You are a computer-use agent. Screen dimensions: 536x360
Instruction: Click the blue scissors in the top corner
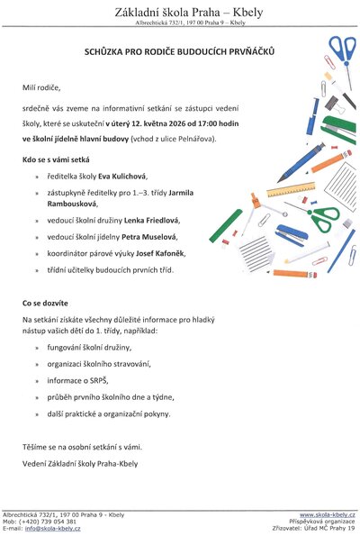342,54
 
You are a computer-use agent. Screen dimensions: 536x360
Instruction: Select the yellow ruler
288,190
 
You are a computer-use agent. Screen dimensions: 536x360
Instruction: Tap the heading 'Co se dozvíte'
47,304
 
